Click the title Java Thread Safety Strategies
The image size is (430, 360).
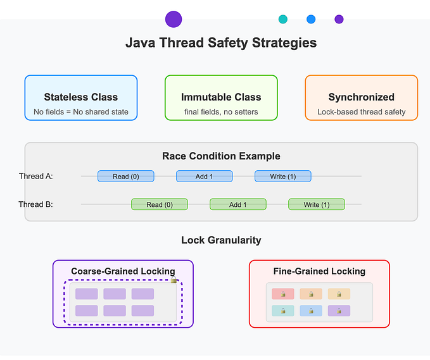point(221,43)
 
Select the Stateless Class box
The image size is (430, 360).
point(81,98)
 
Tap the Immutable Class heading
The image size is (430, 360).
point(221,97)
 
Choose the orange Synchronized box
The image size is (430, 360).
point(361,98)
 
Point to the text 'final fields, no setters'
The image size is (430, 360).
point(221,112)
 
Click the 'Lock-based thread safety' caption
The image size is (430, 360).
point(361,112)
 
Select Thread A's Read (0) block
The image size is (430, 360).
point(125,177)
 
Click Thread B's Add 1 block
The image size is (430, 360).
point(237,204)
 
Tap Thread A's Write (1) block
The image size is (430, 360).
point(282,177)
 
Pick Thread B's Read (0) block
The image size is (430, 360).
point(159,204)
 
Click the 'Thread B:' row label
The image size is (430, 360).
point(35,204)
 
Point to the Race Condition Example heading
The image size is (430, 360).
point(221,156)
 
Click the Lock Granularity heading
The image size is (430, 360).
point(221,240)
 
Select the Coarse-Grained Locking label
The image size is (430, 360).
point(123,271)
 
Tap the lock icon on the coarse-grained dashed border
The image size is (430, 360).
point(174,280)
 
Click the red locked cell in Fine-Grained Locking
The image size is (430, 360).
point(282,294)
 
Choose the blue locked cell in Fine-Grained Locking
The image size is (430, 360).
point(310,311)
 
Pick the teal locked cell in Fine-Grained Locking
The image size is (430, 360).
point(282,311)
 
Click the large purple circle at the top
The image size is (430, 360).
point(174,19)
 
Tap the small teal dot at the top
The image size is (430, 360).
point(282,19)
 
